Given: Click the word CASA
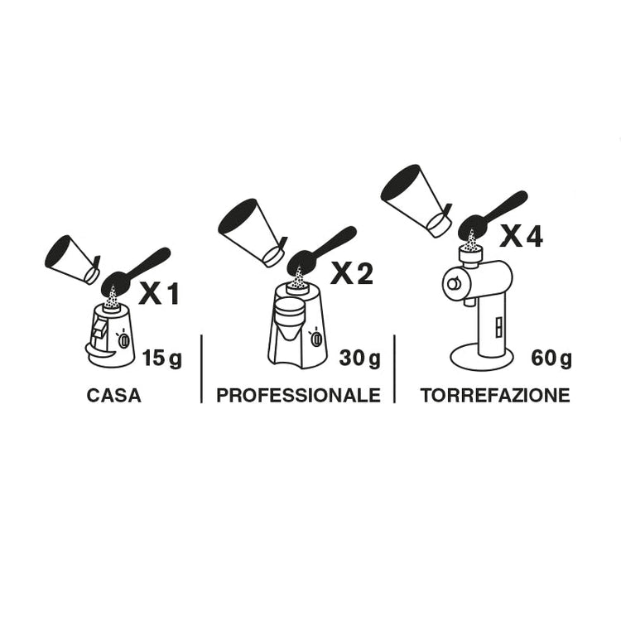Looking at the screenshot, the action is pyautogui.click(x=113, y=395).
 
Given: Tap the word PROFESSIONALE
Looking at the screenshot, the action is pyautogui.click(x=298, y=395).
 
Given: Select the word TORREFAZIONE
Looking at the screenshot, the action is pyautogui.click(x=495, y=395).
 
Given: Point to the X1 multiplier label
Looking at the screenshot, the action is pyautogui.click(x=159, y=294).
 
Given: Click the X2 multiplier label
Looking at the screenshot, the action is pyautogui.click(x=352, y=274).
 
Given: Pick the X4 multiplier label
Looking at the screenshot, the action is pyautogui.click(x=521, y=238).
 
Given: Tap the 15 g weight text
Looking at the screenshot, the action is pyautogui.click(x=162, y=359).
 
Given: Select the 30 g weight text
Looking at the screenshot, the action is pyautogui.click(x=359, y=359).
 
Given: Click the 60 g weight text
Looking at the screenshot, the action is pyautogui.click(x=551, y=359).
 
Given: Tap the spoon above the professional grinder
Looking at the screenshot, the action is pyautogui.click(x=320, y=250).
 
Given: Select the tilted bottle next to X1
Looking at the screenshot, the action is pyautogui.click(x=73, y=259).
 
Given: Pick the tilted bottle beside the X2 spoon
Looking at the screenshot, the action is pyautogui.click(x=253, y=232).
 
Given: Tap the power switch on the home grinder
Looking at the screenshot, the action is pyautogui.click(x=123, y=340).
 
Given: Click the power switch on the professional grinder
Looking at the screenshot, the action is pyautogui.click(x=316, y=339).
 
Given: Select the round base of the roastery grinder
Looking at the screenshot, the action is pyautogui.click(x=482, y=357).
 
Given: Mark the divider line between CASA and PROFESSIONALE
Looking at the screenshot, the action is pyautogui.click(x=201, y=368).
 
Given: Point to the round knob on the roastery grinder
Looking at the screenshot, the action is pyautogui.click(x=453, y=283).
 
